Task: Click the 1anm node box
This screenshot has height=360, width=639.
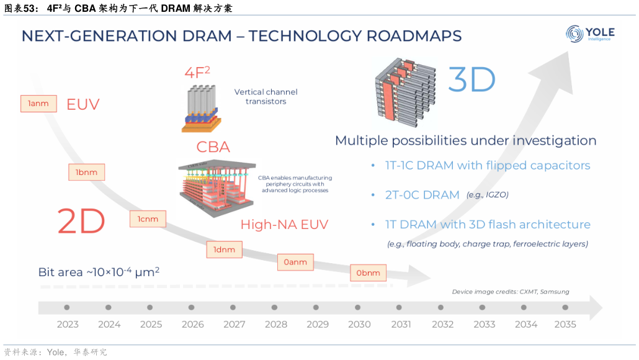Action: [38, 104]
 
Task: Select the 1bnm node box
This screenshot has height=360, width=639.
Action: [86, 172]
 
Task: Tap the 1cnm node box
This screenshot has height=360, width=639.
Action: [148, 218]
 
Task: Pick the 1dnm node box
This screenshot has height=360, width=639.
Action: [224, 250]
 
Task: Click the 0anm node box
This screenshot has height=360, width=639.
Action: [295, 262]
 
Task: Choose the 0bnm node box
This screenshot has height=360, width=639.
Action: [368, 272]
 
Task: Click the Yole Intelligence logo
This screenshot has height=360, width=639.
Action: [589, 35]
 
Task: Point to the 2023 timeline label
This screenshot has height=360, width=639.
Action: [68, 324]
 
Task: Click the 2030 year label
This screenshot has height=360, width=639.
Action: [359, 324]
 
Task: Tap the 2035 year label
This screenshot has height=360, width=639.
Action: [565, 324]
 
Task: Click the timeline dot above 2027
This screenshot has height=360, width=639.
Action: [234, 307]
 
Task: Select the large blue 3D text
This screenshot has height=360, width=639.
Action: [471, 80]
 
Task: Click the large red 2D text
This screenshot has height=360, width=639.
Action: [81, 222]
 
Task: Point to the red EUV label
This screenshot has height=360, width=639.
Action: [83, 104]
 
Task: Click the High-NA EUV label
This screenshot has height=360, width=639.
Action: [284, 225]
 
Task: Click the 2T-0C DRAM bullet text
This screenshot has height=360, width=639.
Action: [414, 195]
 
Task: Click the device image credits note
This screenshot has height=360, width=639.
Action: [510, 292]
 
